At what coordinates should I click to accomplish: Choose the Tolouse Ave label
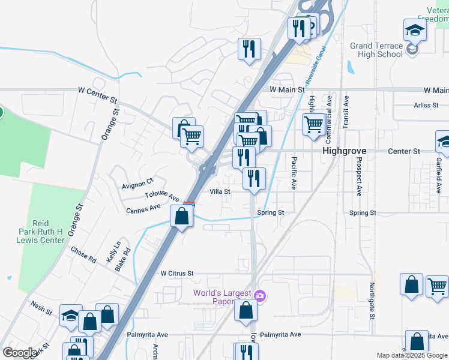pos(162,196)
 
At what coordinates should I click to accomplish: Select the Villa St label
pos(220,192)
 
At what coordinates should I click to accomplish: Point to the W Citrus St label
pos(176,273)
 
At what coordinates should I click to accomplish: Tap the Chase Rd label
pos(83,255)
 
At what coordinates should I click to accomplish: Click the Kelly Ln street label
pos(110,250)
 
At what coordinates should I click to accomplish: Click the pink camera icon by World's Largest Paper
pos(259,295)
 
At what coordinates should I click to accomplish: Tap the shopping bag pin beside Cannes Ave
pos(182,217)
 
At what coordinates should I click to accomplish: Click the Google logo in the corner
pos(19,353)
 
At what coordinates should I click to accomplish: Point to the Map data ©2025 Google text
pos(412,356)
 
